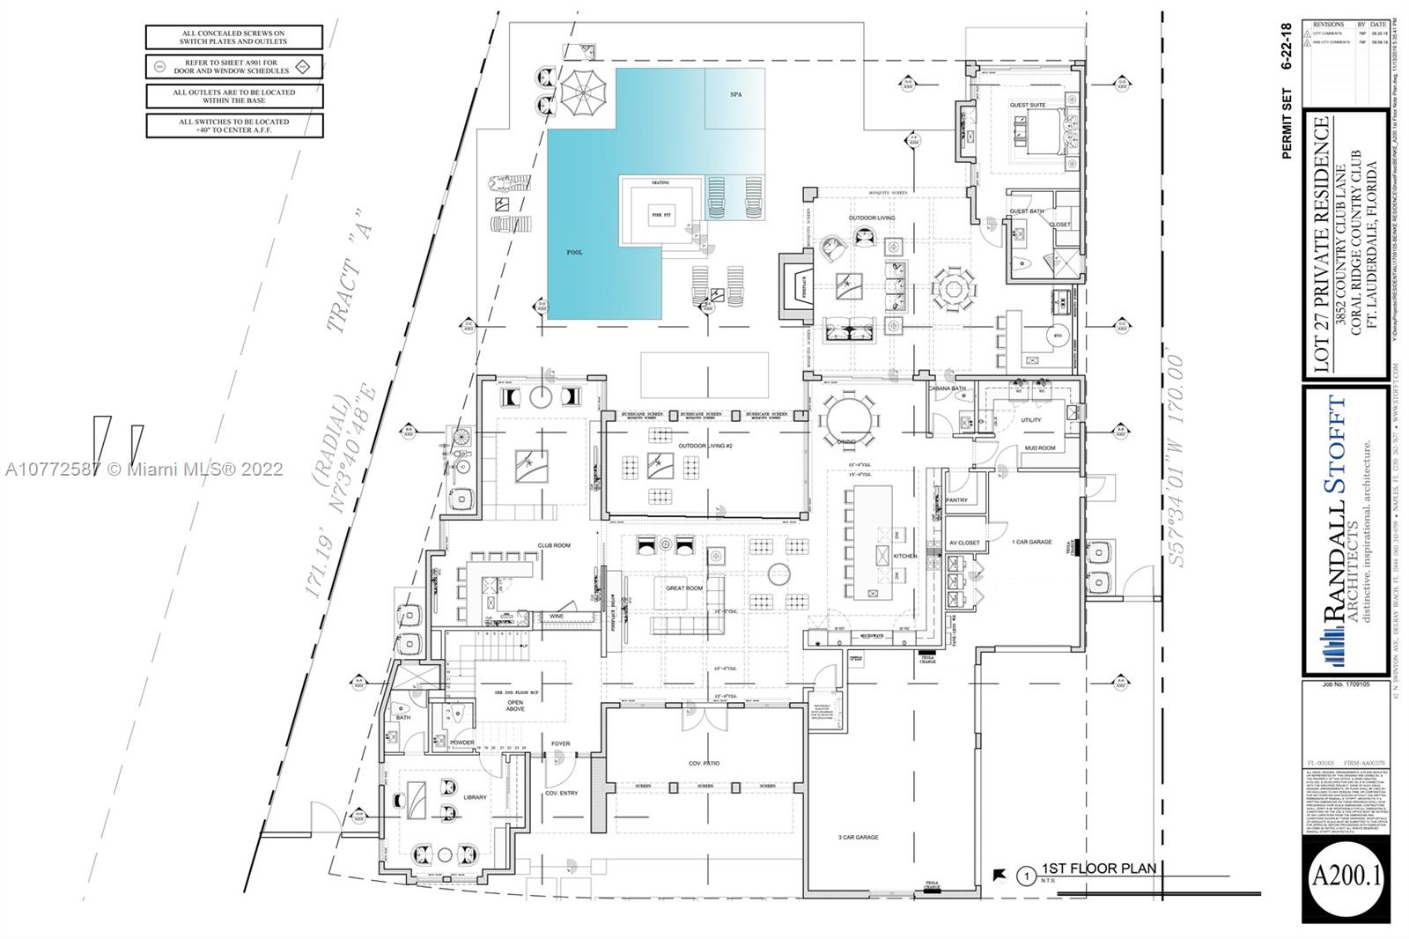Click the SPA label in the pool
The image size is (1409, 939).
click(735, 94)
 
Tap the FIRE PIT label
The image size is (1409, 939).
click(660, 213)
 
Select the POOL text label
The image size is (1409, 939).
click(574, 253)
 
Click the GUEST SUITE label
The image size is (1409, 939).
click(1027, 105)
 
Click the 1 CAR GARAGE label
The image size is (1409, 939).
click(1031, 542)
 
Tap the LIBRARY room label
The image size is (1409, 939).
click(475, 797)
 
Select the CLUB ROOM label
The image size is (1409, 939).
click(554, 545)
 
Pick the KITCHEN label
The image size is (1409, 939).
click(905, 556)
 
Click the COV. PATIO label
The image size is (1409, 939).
click(705, 763)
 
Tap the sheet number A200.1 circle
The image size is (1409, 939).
click(1347, 877)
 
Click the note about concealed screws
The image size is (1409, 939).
click(233, 37)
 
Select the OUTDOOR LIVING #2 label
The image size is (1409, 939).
click(705, 446)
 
